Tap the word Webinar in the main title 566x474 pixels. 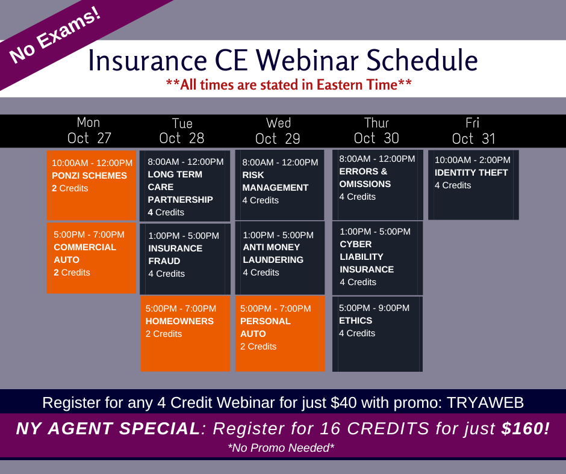[308, 60]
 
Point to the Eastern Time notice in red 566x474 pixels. [289, 85]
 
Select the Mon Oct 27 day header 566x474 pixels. [89, 131]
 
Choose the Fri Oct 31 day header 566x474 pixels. [473, 131]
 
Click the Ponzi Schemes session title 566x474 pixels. [89, 176]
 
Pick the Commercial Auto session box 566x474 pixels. [92, 258]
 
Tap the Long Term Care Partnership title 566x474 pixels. [180, 187]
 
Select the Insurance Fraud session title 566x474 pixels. [175, 254]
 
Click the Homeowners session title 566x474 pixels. [179, 321]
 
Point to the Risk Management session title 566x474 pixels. [275, 181]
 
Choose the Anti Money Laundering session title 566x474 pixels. [273, 253]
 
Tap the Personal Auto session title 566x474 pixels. [266, 328]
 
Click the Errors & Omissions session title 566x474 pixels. [365, 177]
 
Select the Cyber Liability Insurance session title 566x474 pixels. [367, 257]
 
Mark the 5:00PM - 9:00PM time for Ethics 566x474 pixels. [374, 308]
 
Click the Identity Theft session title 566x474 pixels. [471, 173]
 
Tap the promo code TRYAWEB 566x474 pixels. [485, 402]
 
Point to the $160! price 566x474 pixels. [526, 428]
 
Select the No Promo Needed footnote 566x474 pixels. [281, 448]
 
